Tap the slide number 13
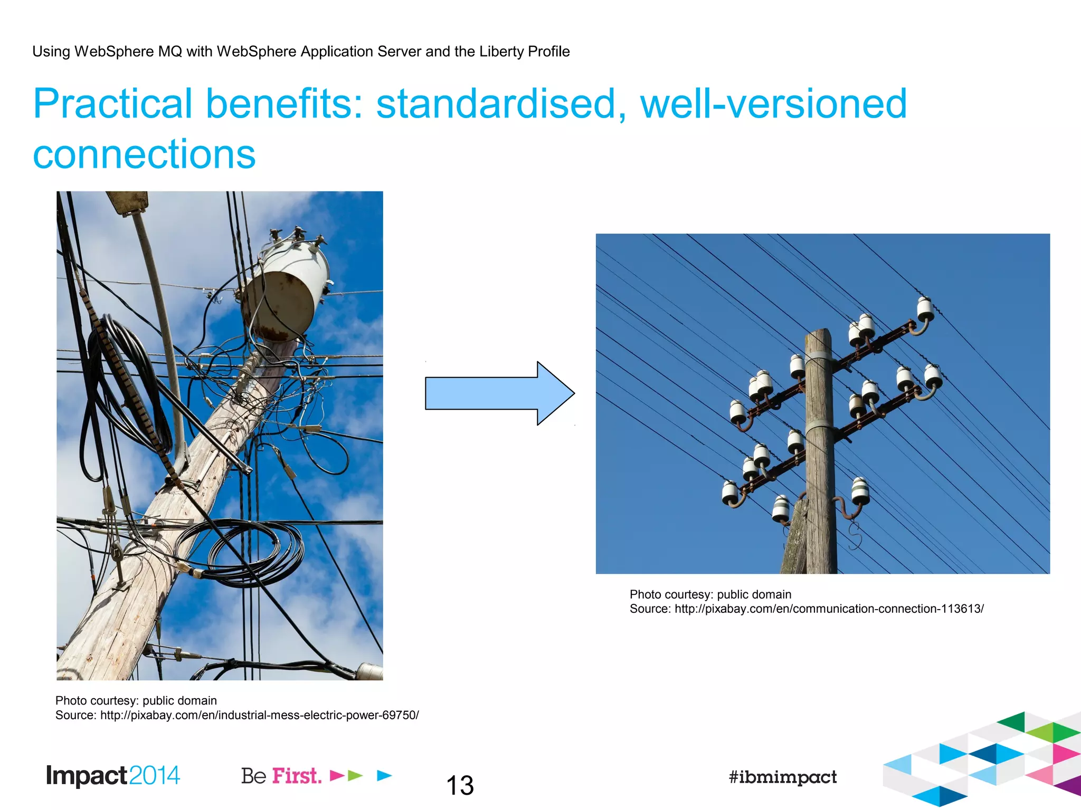[x=460, y=785]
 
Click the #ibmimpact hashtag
[x=782, y=777]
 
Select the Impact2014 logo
[x=113, y=776]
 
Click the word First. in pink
[x=297, y=776]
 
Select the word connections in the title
[x=144, y=154]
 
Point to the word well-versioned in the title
[x=773, y=103]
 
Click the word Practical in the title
[x=112, y=103]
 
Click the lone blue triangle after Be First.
[x=384, y=775]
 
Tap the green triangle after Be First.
[x=355, y=775]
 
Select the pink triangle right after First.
[x=337, y=775]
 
